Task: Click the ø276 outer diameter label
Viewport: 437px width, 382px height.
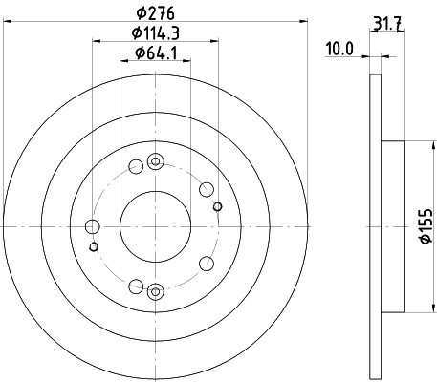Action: pyautogui.click(x=157, y=12)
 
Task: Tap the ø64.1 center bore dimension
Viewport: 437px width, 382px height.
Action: pyautogui.click(x=157, y=53)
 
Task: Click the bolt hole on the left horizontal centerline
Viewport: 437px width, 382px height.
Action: pyautogui.click(x=93, y=226)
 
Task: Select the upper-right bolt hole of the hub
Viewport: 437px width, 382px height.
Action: pyautogui.click(x=206, y=189)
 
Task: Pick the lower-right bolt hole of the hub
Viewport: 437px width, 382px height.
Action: pyautogui.click(x=206, y=265)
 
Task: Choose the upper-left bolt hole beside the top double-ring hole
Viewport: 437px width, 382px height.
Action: pyautogui.click(x=136, y=167)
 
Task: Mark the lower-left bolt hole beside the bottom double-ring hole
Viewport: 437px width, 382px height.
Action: pyautogui.click(x=136, y=286)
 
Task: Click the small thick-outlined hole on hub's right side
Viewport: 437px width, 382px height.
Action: pyautogui.click(x=218, y=207)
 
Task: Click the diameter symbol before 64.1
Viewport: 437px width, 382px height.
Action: pyautogui.click(x=140, y=53)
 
